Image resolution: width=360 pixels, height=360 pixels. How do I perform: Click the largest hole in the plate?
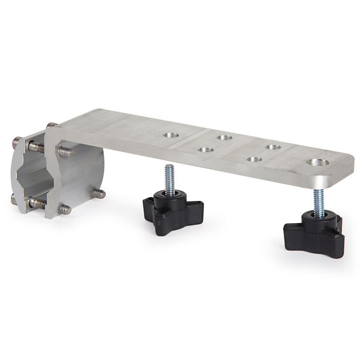click(317, 162)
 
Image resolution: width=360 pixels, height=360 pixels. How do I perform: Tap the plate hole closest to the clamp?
click(171, 135)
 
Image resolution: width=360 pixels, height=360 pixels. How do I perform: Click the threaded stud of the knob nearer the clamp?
click(170, 178)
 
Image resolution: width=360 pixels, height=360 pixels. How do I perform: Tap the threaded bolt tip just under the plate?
click(66, 152)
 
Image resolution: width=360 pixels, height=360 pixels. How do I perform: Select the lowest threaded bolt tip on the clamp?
click(65, 209)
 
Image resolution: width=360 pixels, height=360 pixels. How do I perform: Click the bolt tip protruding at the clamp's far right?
click(99, 193)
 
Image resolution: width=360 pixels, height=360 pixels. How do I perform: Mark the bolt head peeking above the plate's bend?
click(50, 126)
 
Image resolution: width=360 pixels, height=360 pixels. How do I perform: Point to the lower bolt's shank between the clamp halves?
click(38, 204)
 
